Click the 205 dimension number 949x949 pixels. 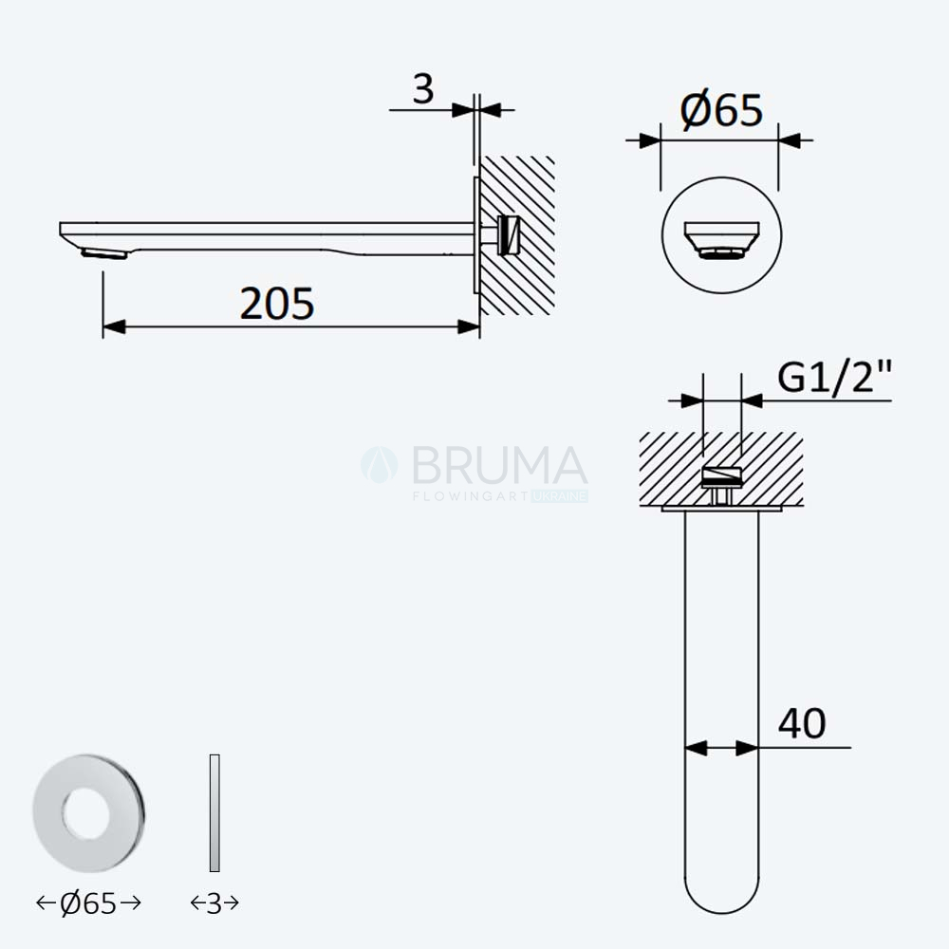(x=276, y=304)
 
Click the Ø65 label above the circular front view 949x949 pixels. (x=721, y=110)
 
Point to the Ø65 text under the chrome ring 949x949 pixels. (x=88, y=903)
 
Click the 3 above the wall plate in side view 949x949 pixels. (x=423, y=89)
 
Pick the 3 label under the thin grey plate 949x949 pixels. (x=214, y=903)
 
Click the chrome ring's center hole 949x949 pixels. (x=86, y=813)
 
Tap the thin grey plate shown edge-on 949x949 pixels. (x=214, y=813)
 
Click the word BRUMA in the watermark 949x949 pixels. (x=500, y=465)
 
